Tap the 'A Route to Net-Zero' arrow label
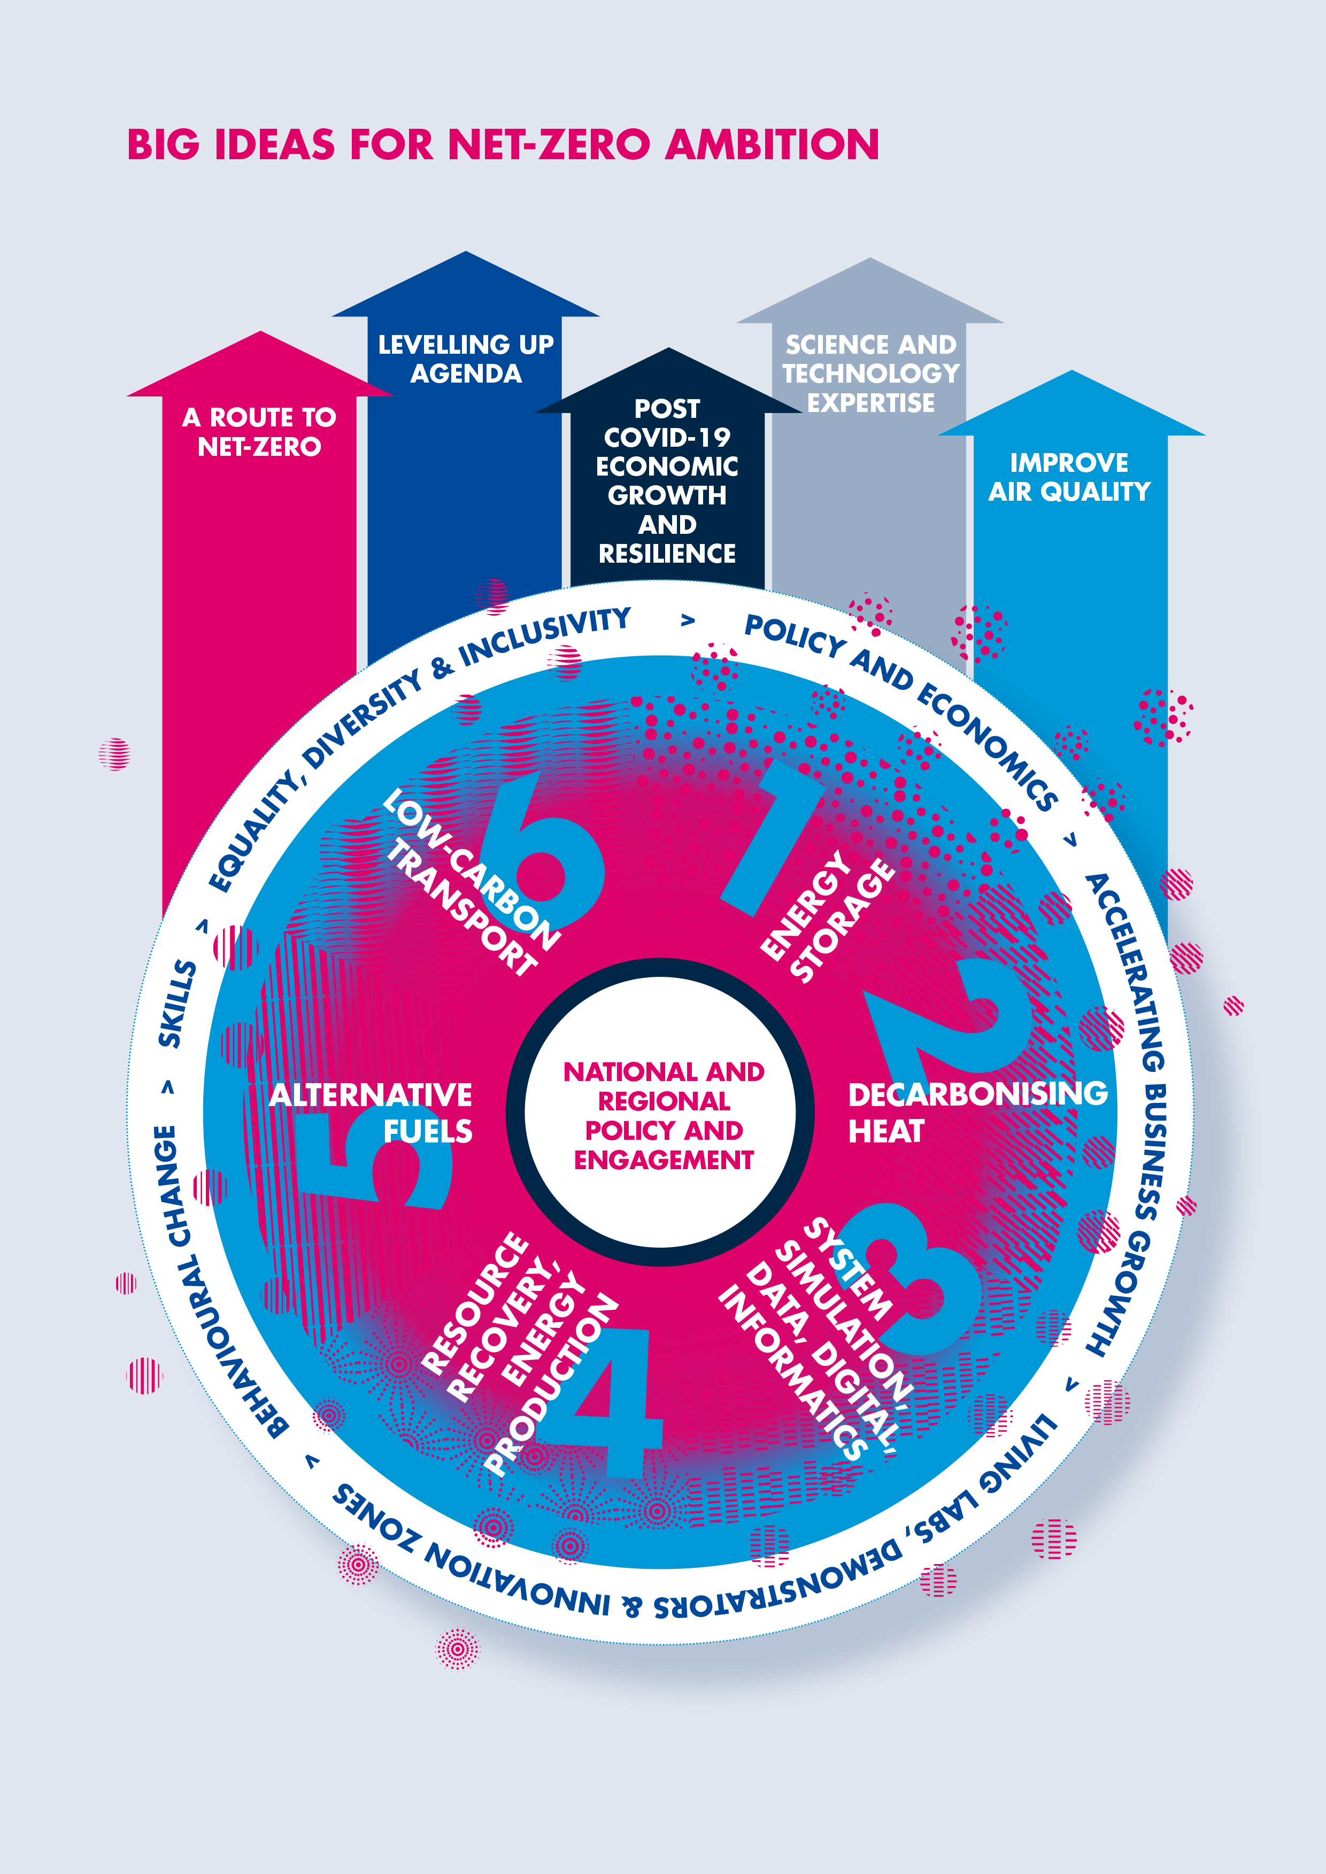260,432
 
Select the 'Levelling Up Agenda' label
465,359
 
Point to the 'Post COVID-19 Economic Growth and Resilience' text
667,481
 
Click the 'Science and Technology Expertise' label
870,373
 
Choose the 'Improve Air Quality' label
1069,477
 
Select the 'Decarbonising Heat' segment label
976,1111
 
